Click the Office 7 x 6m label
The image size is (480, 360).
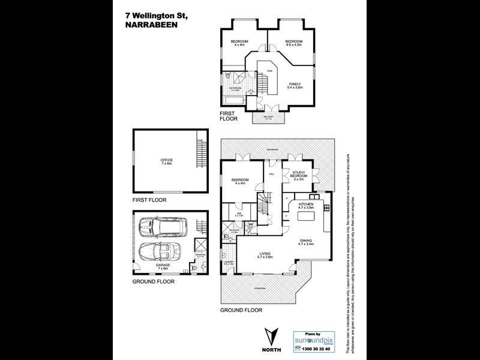click(166, 161)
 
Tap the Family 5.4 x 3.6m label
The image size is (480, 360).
click(295, 85)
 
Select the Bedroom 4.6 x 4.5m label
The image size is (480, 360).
click(293, 43)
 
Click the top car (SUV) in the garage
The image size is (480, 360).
click(163, 227)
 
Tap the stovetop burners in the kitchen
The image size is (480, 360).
click(326, 208)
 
